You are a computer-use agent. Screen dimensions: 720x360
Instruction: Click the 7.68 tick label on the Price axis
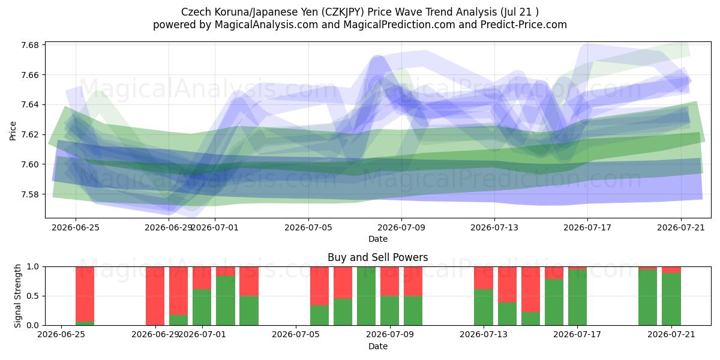tap(30, 45)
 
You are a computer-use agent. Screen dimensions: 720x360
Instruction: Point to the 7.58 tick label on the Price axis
tap(30, 194)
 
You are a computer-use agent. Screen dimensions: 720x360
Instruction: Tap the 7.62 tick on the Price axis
tap(30, 134)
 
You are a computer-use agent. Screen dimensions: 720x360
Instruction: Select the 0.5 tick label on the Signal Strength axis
tap(33, 296)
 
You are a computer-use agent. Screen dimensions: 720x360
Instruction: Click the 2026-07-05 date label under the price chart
tap(308, 227)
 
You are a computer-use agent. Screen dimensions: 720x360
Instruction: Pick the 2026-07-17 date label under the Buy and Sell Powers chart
tap(577, 335)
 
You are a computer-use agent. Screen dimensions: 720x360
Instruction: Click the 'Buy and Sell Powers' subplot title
tap(377, 257)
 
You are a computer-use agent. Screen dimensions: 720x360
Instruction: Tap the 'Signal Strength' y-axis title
tap(17, 296)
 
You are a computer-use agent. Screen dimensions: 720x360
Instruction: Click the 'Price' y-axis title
tap(13, 131)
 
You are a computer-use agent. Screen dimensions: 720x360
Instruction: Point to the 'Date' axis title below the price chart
tap(377, 239)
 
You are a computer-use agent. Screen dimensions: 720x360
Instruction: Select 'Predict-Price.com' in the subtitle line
tap(524, 25)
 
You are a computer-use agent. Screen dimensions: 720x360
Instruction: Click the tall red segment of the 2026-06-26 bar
tap(85, 294)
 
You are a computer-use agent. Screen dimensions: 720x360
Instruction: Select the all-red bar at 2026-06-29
tap(155, 296)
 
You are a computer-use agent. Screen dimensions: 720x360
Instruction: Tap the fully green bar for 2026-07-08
tap(366, 296)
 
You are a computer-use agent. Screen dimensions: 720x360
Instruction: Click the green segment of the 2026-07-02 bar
tap(226, 301)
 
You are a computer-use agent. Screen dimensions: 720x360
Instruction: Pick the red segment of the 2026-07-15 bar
tap(530, 289)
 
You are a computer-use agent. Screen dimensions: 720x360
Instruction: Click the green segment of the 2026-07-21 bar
tap(671, 299)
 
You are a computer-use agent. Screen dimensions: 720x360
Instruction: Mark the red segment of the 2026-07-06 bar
tap(319, 286)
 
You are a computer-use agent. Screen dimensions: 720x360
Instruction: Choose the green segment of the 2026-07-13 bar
tap(484, 307)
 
